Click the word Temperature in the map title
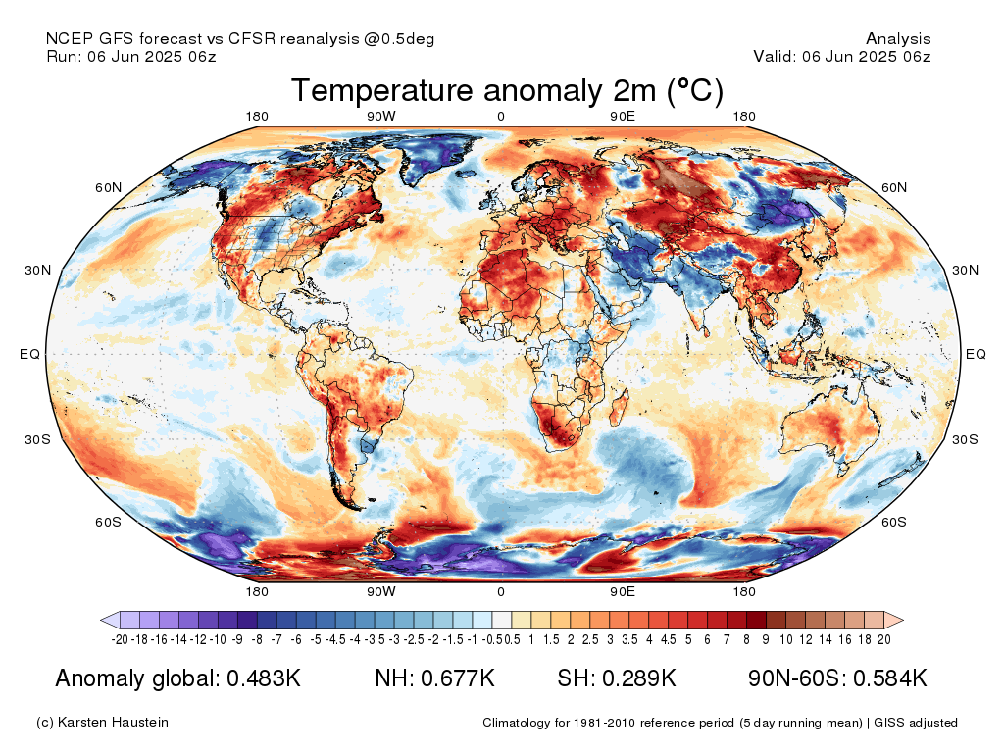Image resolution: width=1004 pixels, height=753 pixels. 382,91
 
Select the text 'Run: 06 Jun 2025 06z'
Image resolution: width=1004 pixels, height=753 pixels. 131,56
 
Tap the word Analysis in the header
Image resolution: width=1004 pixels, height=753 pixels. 898,39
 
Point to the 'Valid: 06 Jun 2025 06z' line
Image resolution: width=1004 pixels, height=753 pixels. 842,56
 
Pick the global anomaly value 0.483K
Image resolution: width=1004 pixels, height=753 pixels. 264,678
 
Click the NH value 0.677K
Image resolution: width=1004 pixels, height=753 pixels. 457,678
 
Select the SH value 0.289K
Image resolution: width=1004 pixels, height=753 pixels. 639,678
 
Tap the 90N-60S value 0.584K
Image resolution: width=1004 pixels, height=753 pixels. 890,678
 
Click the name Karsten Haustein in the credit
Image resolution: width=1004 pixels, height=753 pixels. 113,723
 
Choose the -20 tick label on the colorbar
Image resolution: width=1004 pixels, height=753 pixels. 120,639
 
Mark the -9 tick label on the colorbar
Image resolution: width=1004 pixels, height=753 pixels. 237,639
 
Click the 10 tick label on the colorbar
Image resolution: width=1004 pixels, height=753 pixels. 786,639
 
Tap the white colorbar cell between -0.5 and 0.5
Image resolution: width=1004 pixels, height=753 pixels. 502,620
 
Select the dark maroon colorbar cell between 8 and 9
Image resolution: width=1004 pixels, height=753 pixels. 756,620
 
